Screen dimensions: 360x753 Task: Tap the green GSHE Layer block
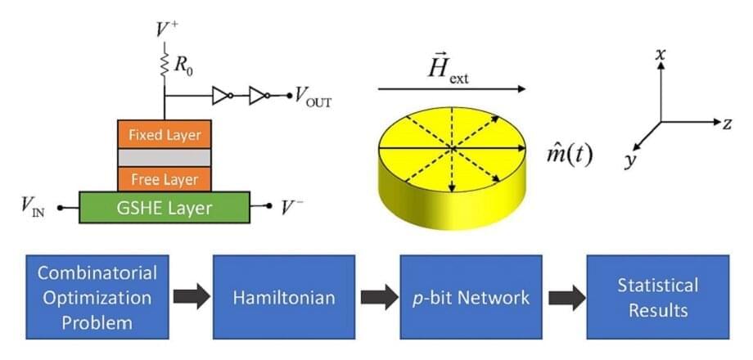(165, 208)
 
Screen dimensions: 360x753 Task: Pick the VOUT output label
(313, 98)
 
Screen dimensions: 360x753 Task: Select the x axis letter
(660, 55)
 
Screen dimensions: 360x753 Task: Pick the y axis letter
(629, 160)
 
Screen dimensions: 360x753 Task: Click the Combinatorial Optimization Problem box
(97, 297)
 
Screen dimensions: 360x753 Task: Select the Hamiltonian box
(283, 297)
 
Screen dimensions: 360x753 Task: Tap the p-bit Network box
(470, 297)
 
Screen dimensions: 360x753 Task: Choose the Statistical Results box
(657, 297)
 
